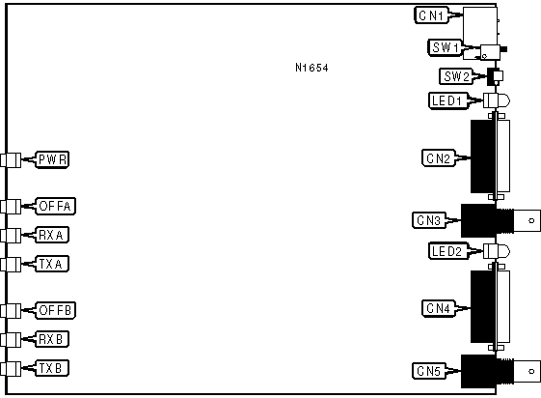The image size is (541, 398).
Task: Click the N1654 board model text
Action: [311, 68]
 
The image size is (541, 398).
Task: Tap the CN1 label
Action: [431, 15]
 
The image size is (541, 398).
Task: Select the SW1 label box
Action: [446, 47]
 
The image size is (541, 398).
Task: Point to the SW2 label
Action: [456, 76]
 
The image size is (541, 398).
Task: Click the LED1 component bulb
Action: [497, 100]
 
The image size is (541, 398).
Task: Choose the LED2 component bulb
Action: [497, 251]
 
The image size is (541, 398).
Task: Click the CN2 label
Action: [439, 158]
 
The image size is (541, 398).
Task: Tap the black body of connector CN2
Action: [483, 156]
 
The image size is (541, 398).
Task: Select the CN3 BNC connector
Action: [500, 220]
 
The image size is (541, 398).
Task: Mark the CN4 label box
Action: [439, 308]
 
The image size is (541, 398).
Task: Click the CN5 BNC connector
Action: [500, 371]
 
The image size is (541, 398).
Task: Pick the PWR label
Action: [52, 159]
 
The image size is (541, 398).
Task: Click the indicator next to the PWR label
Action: [11, 160]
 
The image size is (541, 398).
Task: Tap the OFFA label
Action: [56, 207]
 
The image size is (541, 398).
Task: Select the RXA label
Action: [52, 235]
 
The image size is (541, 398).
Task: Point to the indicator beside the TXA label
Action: [11, 265]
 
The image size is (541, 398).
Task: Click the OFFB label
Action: [56, 310]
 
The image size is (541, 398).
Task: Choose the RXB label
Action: [52, 339]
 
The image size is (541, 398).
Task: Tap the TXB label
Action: [52, 368]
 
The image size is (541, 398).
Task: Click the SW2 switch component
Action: [495, 76]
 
